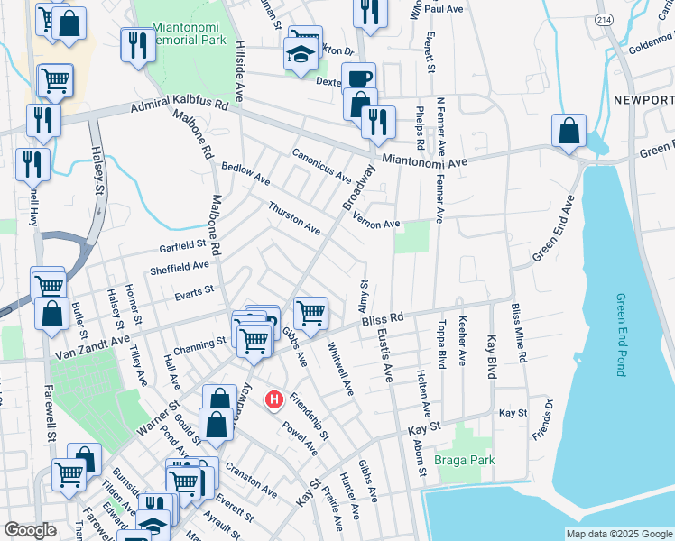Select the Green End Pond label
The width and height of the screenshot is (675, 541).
pyautogui.click(x=621, y=335)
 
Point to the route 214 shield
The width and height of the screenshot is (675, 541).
pyautogui.click(x=605, y=19)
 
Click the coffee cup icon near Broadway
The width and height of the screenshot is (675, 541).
pyautogui.click(x=358, y=77)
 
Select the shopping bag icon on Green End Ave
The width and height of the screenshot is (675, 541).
pyautogui.click(x=569, y=132)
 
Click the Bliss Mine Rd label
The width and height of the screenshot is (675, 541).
pyautogui.click(x=518, y=334)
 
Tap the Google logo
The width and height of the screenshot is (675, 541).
pyautogui.click(x=30, y=530)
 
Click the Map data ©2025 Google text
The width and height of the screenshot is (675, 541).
pyautogui.click(x=619, y=534)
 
